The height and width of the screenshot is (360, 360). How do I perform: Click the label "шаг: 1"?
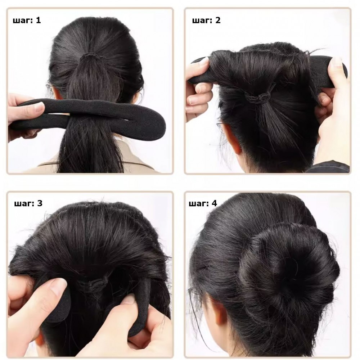coord(27,21)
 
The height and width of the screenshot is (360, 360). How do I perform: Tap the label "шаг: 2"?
coord(206,21)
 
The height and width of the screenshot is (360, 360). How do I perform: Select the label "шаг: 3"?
coord(28,203)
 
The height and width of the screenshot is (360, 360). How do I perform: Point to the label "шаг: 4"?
coord(203,203)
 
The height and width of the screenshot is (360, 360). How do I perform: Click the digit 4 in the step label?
coord(215,203)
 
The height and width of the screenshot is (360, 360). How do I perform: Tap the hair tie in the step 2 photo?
coord(257,96)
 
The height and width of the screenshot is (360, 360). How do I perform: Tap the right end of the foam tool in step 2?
coord(343,71)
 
